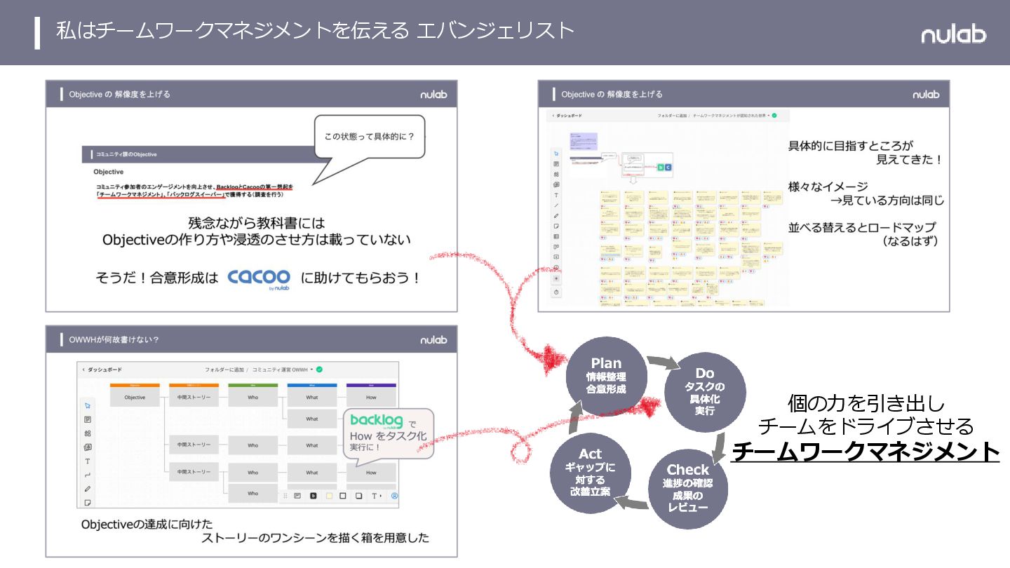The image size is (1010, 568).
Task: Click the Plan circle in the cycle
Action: (x=606, y=376)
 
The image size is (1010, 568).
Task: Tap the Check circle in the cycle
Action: (x=687, y=487)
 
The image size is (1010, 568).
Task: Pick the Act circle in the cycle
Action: (x=591, y=472)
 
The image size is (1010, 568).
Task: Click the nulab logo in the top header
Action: (x=953, y=34)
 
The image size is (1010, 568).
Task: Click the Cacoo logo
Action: (x=259, y=278)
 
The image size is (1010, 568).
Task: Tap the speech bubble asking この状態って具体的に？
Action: (x=369, y=136)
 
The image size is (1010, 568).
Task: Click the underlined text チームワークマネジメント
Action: (x=866, y=451)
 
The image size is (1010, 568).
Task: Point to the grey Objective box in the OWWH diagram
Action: (x=135, y=397)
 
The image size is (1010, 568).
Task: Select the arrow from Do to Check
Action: (x=720, y=446)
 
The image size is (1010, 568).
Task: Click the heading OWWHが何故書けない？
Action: (x=114, y=339)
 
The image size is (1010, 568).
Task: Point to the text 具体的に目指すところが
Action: (x=851, y=146)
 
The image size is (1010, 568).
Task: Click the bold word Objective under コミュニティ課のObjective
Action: (x=108, y=171)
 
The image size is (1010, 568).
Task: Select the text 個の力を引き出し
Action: (x=866, y=404)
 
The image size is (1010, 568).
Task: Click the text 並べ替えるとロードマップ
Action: (x=862, y=228)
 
